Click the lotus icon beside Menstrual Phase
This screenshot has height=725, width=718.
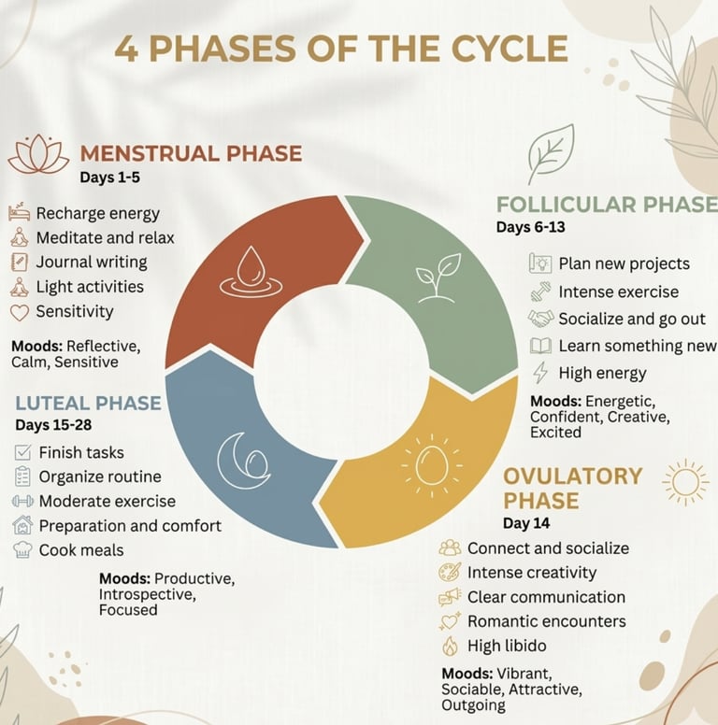(38, 155)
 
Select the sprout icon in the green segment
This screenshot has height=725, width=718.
(438, 277)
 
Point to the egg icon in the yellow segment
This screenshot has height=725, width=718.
(431, 463)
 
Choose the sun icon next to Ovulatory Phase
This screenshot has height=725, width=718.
(684, 483)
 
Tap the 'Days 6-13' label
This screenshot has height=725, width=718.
(530, 227)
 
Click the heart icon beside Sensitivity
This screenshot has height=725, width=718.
(20, 312)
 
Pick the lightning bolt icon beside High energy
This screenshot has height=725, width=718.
(539, 373)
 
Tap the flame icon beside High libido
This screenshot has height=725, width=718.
(450, 646)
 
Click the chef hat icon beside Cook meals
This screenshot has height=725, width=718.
(23, 550)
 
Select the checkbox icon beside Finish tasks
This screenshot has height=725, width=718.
(23, 452)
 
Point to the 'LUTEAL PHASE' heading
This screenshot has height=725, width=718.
(88, 404)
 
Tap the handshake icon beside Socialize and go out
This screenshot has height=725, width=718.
(539, 319)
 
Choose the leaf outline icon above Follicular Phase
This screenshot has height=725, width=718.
(550, 153)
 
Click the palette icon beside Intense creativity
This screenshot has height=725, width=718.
(450, 573)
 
